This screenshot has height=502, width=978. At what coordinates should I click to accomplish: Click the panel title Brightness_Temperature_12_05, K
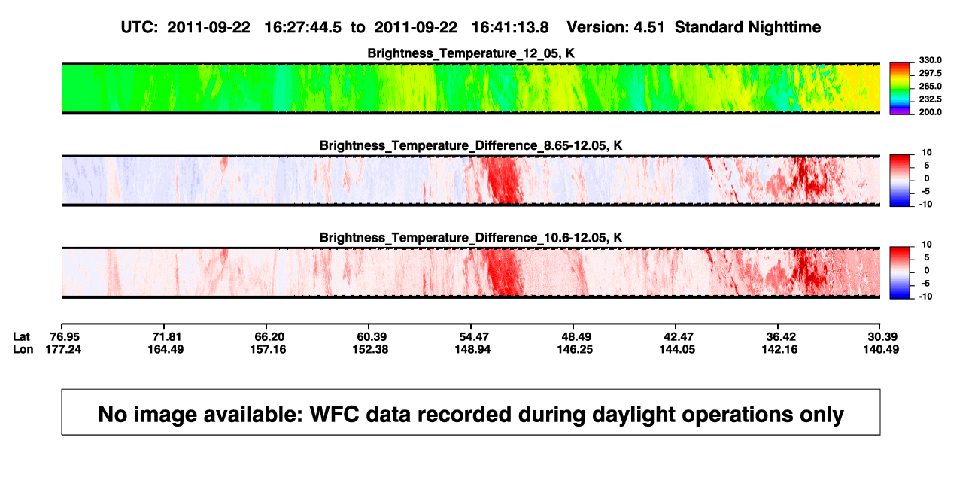pyautogui.click(x=471, y=53)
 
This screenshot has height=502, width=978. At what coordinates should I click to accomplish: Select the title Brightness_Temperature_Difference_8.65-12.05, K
pyautogui.click(x=471, y=145)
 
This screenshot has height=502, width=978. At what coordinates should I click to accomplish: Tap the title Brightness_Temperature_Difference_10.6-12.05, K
pyautogui.click(x=471, y=238)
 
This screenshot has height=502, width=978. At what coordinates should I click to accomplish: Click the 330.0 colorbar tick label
pyautogui.click(x=930, y=60)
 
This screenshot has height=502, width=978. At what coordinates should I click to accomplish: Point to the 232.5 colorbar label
pyautogui.click(x=930, y=99)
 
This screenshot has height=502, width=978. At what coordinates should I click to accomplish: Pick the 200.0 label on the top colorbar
pyautogui.click(x=930, y=112)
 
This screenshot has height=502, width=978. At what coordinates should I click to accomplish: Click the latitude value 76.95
pyautogui.click(x=65, y=337)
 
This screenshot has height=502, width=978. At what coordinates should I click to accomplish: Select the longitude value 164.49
pyautogui.click(x=166, y=349)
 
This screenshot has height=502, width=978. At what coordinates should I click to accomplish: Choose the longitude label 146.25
pyautogui.click(x=575, y=349)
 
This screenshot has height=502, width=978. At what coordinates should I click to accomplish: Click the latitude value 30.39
pyautogui.click(x=882, y=337)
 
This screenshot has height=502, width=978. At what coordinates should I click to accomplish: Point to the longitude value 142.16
pyautogui.click(x=779, y=349)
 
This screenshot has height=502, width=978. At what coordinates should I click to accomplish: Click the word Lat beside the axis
pyautogui.click(x=21, y=337)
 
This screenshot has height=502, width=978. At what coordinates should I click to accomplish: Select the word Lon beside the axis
pyautogui.click(x=23, y=349)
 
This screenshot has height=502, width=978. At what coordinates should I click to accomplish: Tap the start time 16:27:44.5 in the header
pyautogui.click(x=303, y=27)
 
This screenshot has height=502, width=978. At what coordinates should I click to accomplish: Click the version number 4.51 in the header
pyautogui.click(x=648, y=27)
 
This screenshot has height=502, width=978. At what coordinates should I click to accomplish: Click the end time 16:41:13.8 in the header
pyautogui.click(x=510, y=27)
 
